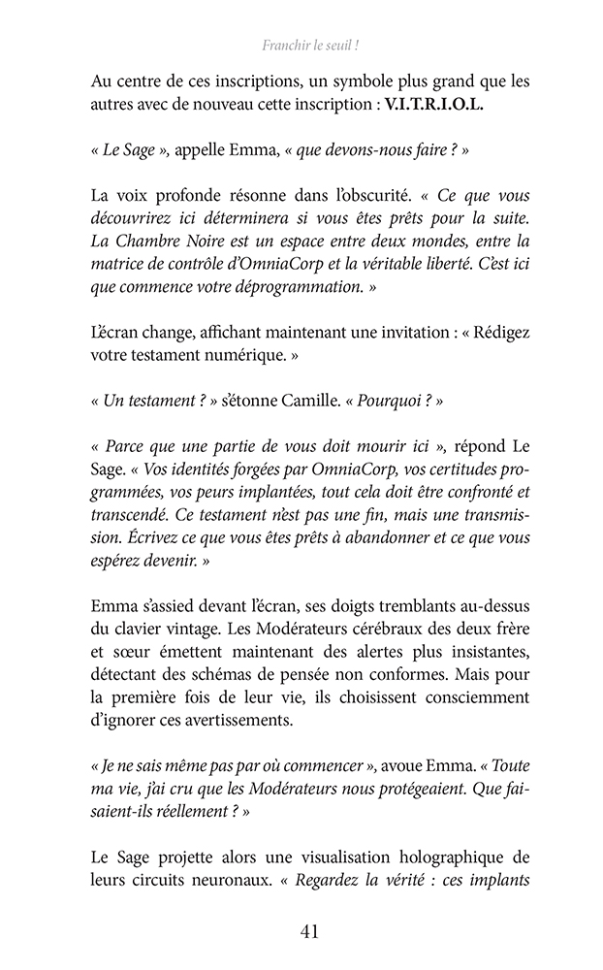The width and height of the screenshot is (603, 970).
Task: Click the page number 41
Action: pos(310,932)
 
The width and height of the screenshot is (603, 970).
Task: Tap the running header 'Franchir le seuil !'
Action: pos(305,45)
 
